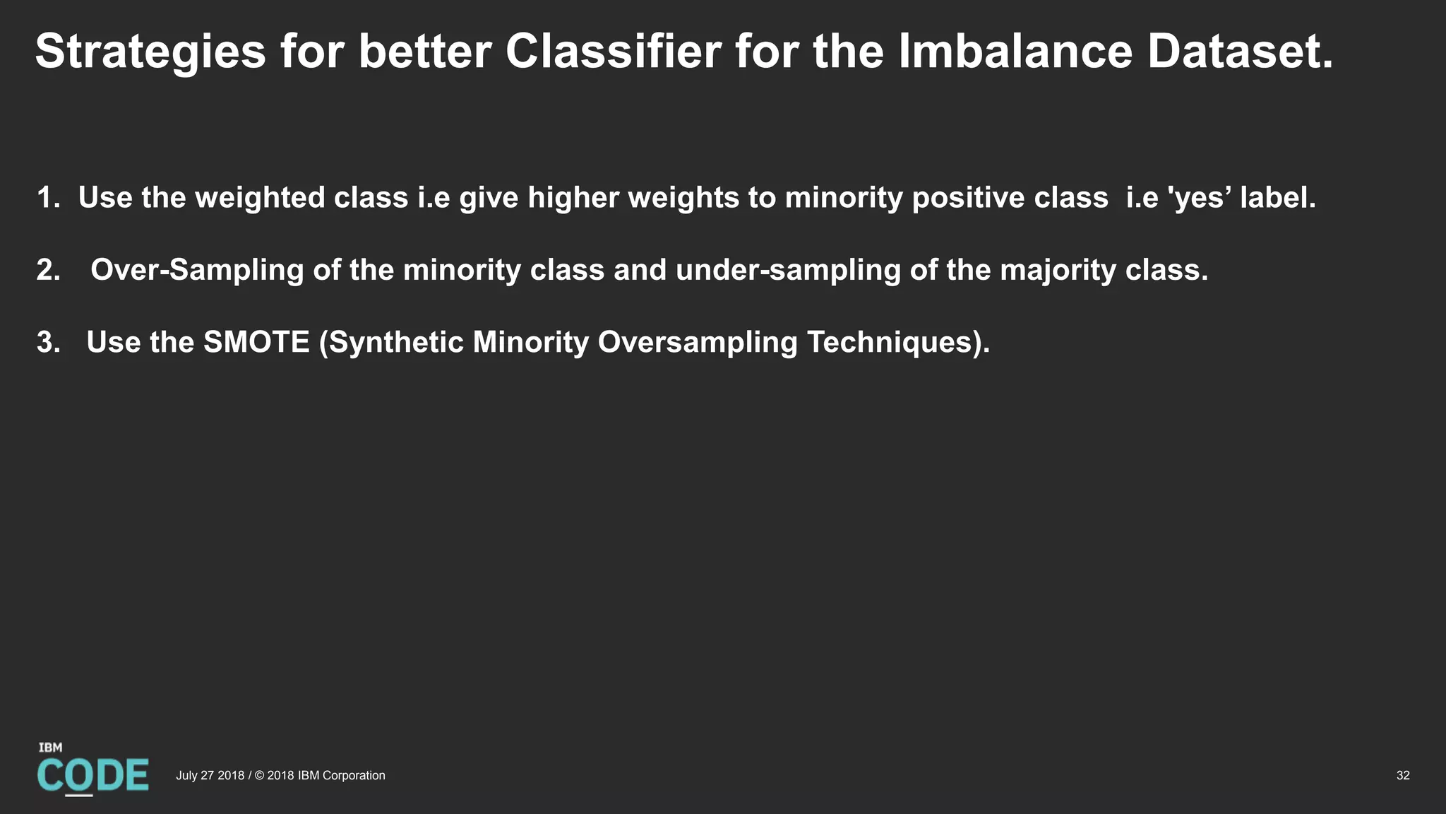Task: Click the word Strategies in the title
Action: click(150, 52)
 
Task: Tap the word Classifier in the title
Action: click(613, 51)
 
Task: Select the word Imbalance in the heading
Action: click(1015, 51)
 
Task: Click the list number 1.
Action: click(47, 198)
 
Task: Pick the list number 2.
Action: click(48, 270)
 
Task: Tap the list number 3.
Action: click(48, 343)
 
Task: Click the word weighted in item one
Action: click(260, 198)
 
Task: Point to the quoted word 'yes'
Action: click(1200, 198)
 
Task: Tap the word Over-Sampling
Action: click(197, 270)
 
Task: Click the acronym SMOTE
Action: click(256, 342)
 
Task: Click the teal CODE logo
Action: click(92, 775)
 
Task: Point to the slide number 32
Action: click(1402, 776)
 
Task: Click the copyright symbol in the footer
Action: click(259, 776)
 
